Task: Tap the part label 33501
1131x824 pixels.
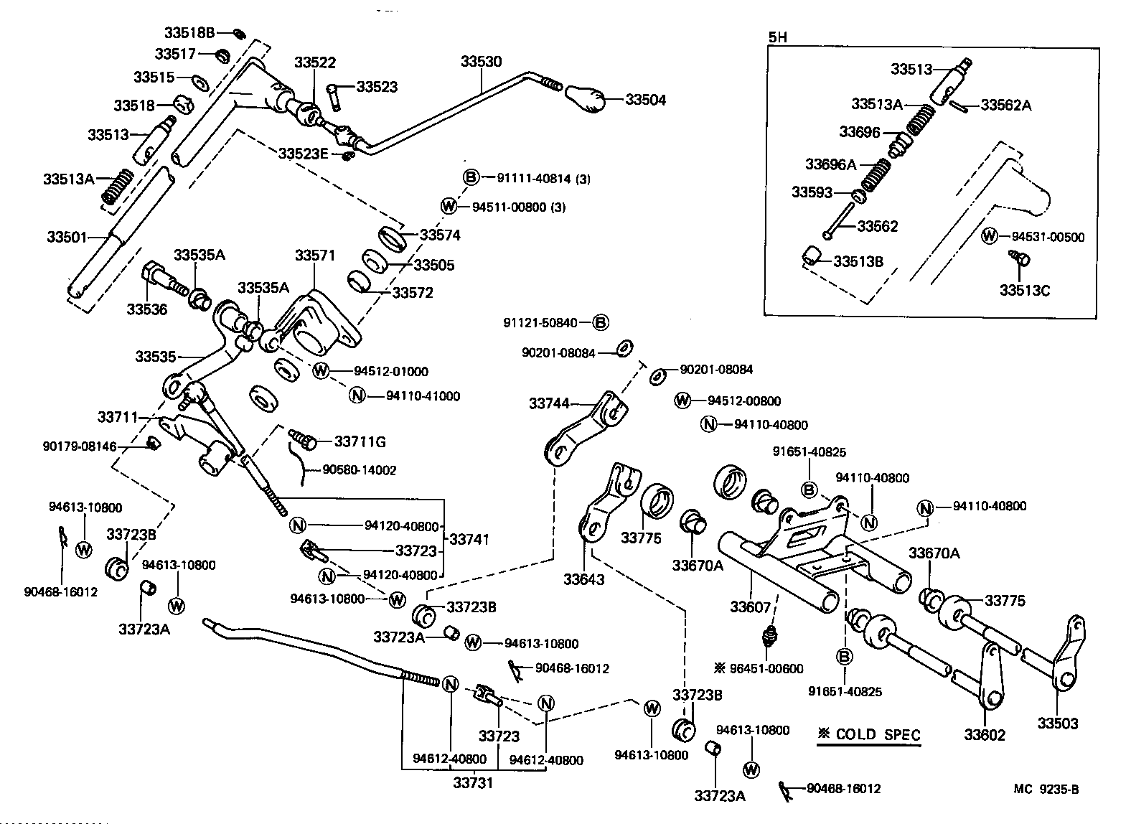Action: click(x=67, y=236)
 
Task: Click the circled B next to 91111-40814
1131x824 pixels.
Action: click(x=469, y=178)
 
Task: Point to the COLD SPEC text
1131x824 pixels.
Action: click(x=868, y=734)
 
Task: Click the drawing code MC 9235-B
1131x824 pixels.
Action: click(x=1046, y=790)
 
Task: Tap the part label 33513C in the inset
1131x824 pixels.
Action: click(x=1024, y=290)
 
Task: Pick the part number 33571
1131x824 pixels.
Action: click(x=314, y=256)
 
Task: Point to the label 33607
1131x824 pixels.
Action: click(x=751, y=607)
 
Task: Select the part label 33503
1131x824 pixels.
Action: click(x=1057, y=724)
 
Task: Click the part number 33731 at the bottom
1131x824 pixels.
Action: click(x=472, y=782)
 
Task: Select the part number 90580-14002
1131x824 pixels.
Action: click(x=359, y=470)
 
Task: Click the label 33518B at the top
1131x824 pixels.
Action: click(x=189, y=32)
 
